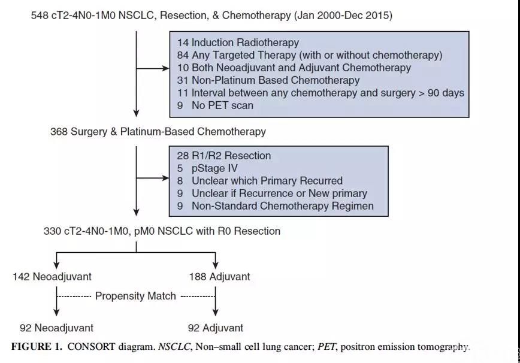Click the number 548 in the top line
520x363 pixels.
pos(40,16)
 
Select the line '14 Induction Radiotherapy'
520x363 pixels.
pos(238,43)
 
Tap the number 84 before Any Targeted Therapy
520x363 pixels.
pos(183,55)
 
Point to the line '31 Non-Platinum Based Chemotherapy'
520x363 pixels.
pos(268,80)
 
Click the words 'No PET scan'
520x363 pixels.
pos(222,105)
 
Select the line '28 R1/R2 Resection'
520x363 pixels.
pos(224,156)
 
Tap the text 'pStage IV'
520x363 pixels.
pos(214,168)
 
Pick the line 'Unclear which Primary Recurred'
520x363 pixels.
pos(267,181)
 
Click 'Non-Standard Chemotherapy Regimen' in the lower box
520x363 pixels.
pos(283,206)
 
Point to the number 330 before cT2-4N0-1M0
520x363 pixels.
pos(52,231)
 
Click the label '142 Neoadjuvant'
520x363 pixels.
pos(52,277)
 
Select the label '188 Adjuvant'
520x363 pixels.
pos(219,277)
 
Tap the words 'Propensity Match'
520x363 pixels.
pos(135,296)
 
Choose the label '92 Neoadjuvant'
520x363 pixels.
pos(57,328)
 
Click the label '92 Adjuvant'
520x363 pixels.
pos(216,328)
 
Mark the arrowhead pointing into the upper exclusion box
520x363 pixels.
pos(165,68)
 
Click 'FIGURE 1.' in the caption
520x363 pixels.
pos(37,347)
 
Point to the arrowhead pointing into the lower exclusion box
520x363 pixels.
pos(165,178)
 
